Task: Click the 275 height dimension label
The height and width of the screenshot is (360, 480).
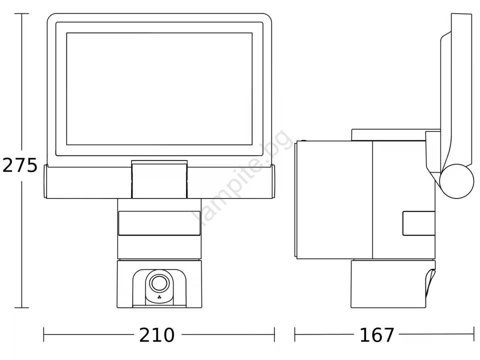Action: [20, 165]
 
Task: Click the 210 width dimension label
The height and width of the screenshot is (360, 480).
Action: [156, 335]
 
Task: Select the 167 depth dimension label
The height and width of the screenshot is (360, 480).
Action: [377, 335]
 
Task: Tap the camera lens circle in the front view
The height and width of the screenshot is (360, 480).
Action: [159, 283]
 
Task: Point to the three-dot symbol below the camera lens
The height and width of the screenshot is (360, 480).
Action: [159, 297]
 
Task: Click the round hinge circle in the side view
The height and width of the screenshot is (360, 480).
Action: [456, 181]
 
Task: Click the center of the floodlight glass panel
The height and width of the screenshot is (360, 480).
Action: [159, 89]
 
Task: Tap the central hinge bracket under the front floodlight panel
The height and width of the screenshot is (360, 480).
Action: [159, 180]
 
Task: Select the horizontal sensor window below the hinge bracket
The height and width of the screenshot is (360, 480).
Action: [159, 223]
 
